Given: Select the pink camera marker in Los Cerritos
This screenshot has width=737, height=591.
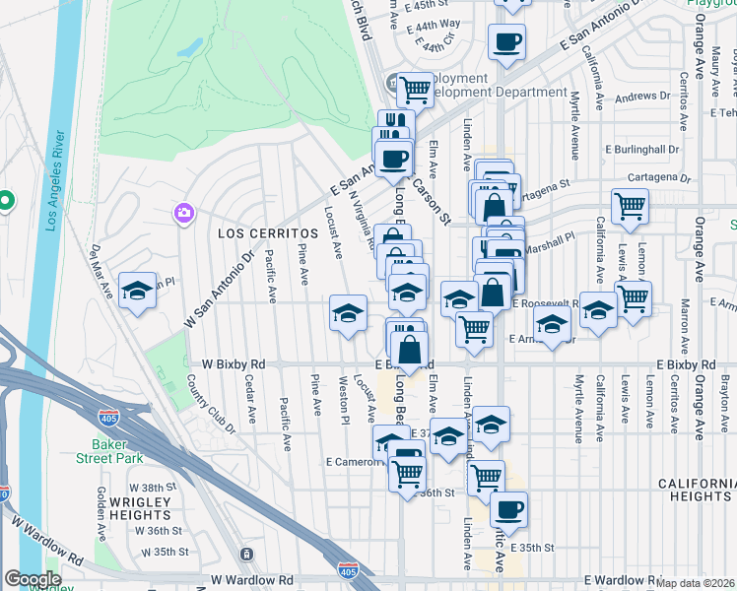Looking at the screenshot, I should point(183,213).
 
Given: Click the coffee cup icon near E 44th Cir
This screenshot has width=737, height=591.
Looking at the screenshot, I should point(506,41).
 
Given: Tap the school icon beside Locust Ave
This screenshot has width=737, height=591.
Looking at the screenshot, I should point(347,313).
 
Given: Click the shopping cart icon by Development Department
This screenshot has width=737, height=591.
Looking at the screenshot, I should point(416,91).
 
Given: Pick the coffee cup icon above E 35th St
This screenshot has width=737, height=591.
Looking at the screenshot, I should point(508,510).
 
